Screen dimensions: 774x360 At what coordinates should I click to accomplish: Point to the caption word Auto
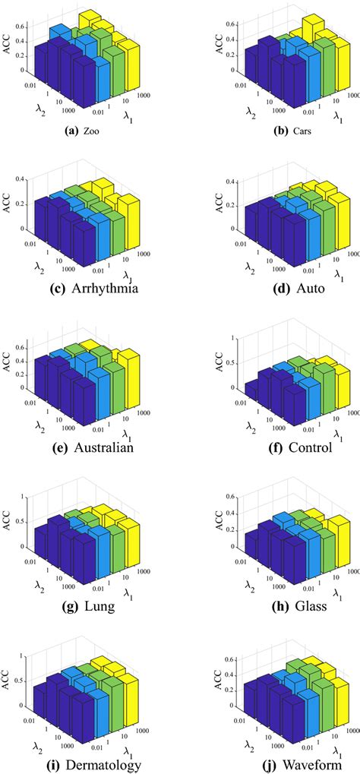[x=308, y=289]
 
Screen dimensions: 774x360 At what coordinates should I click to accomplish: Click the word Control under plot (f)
[x=310, y=447]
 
